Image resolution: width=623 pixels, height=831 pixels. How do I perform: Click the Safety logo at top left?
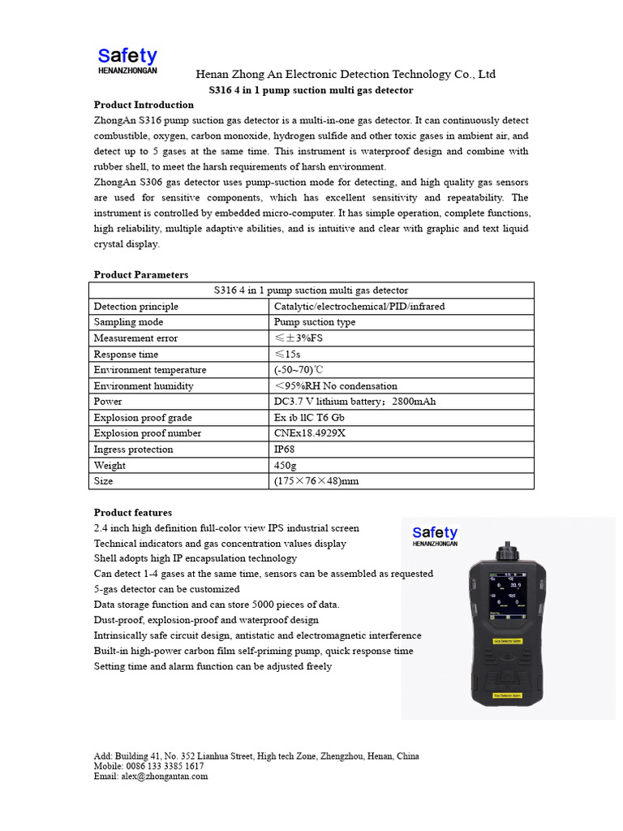[x=127, y=60]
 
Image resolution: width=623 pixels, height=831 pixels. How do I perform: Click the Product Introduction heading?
[x=144, y=105]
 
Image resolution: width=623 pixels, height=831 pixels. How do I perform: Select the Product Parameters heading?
[x=141, y=275]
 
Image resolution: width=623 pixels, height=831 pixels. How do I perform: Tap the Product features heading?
[x=133, y=513]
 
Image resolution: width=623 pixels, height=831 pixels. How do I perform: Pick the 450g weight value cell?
[x=286, y=466]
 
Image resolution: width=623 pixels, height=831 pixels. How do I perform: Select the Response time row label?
[x=126, y=355]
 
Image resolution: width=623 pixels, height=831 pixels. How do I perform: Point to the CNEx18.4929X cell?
[x=310, y=433]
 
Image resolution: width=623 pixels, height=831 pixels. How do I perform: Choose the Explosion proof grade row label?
[x=143, y=418]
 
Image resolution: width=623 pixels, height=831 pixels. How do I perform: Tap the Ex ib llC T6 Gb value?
[x=315, y=418]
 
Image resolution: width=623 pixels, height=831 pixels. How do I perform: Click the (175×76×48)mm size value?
[x=316, y=481]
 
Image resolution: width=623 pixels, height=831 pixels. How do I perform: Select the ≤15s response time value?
[x=287, y=355]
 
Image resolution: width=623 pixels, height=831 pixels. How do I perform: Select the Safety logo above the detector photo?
[x=435, y=536]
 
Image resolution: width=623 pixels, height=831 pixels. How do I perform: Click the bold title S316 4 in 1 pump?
[x=311, y=90]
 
